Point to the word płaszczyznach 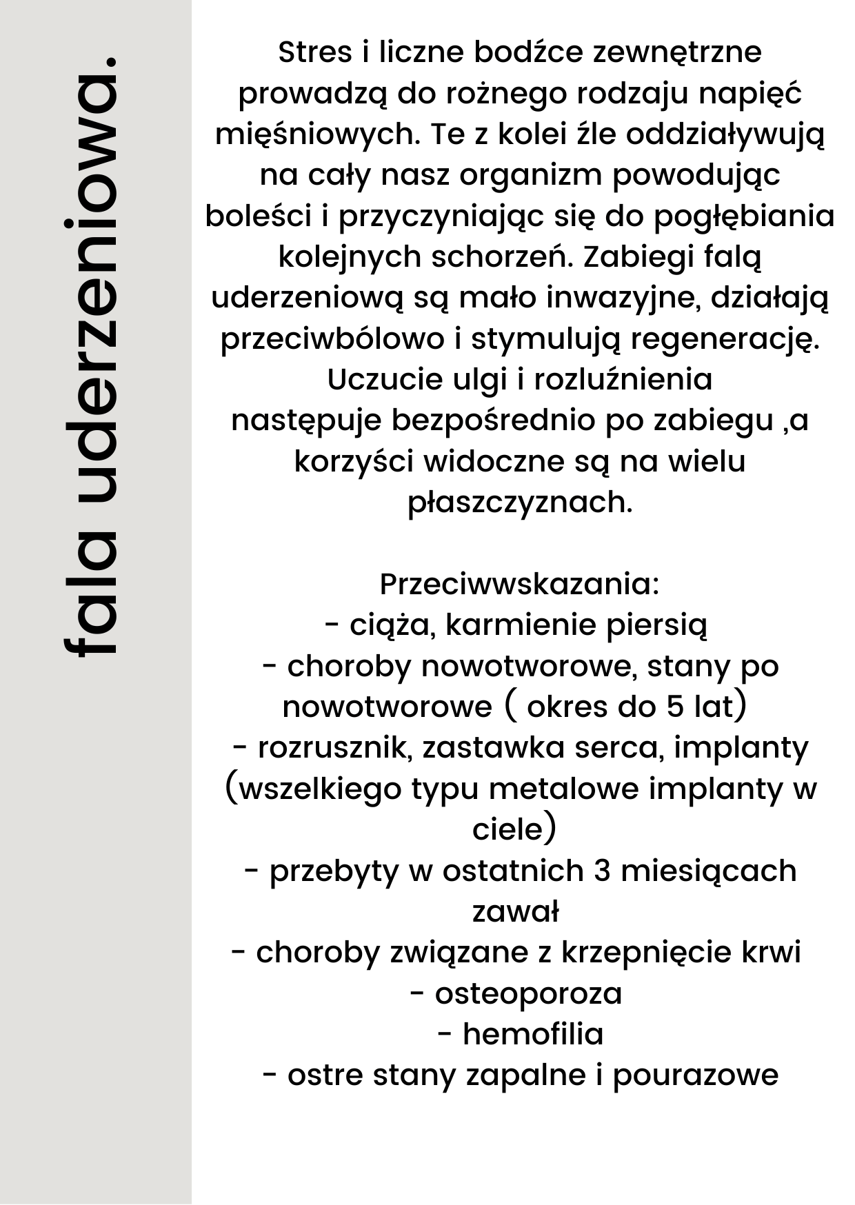click(x=520, y=503)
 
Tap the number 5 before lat click(x=675, y=707)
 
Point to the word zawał click(x=515, y=912)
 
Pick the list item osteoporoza click(x=528, y=994)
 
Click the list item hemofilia click(x=533, y=1035)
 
